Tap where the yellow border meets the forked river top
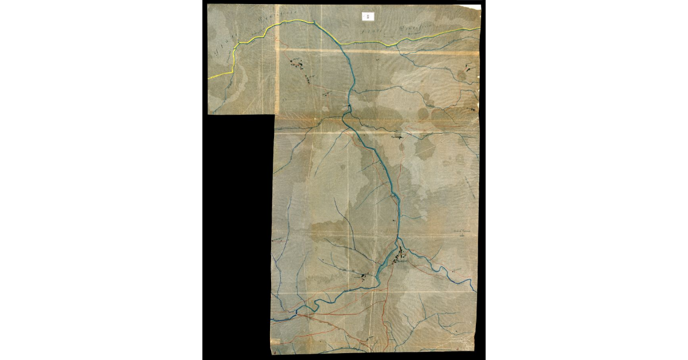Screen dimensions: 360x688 314,22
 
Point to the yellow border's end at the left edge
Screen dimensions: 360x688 209,77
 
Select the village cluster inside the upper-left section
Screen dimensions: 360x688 299,65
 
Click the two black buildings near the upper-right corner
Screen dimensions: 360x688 470,69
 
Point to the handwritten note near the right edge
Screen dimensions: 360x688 462,232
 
